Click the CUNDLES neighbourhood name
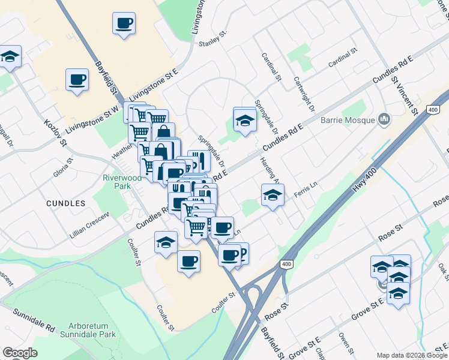[x=65, y=203]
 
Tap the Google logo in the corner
[x=20, y=353]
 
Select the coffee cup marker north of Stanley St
[x=124, y=24]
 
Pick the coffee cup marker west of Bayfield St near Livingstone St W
[x=77, y=80]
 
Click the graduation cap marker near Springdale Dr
[x=244, y=120]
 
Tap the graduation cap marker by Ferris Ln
[x=272, y=195]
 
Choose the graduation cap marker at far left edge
[x=10, y=57]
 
